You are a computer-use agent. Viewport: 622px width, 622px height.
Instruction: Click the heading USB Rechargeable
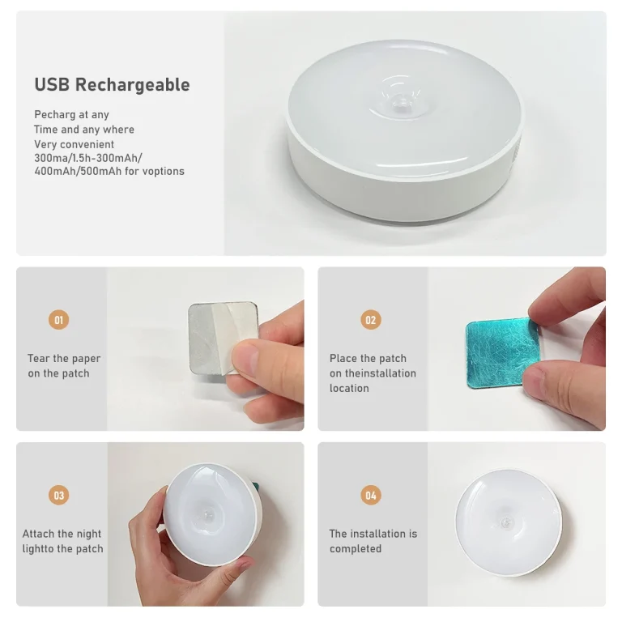(x=112, y=85)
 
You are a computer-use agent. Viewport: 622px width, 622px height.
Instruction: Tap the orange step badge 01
(x=58, y=320)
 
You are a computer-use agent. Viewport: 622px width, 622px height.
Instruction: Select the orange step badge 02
(x=370, y=320)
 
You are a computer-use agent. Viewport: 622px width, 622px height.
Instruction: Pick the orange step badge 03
(x=58, y=495)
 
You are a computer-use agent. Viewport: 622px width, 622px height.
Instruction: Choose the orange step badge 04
(x=370, y=495)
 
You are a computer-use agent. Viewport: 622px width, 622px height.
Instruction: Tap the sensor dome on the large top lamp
(x=401, y=104)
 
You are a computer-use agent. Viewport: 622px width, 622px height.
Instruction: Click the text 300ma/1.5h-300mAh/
(x=88, y=158)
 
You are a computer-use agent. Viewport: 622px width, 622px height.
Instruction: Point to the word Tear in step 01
(x=39, y=358)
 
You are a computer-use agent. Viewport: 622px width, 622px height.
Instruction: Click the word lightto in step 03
(x=39, y=548)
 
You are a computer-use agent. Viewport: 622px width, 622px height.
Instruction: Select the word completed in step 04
(x=356, y=548)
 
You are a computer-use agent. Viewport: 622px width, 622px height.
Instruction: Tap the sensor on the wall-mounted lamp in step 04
(x=505, y=523)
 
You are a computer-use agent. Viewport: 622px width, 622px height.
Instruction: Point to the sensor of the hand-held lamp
(x=208, y=515)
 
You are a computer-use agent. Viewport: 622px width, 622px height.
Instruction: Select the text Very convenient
(x=74, y=144)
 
